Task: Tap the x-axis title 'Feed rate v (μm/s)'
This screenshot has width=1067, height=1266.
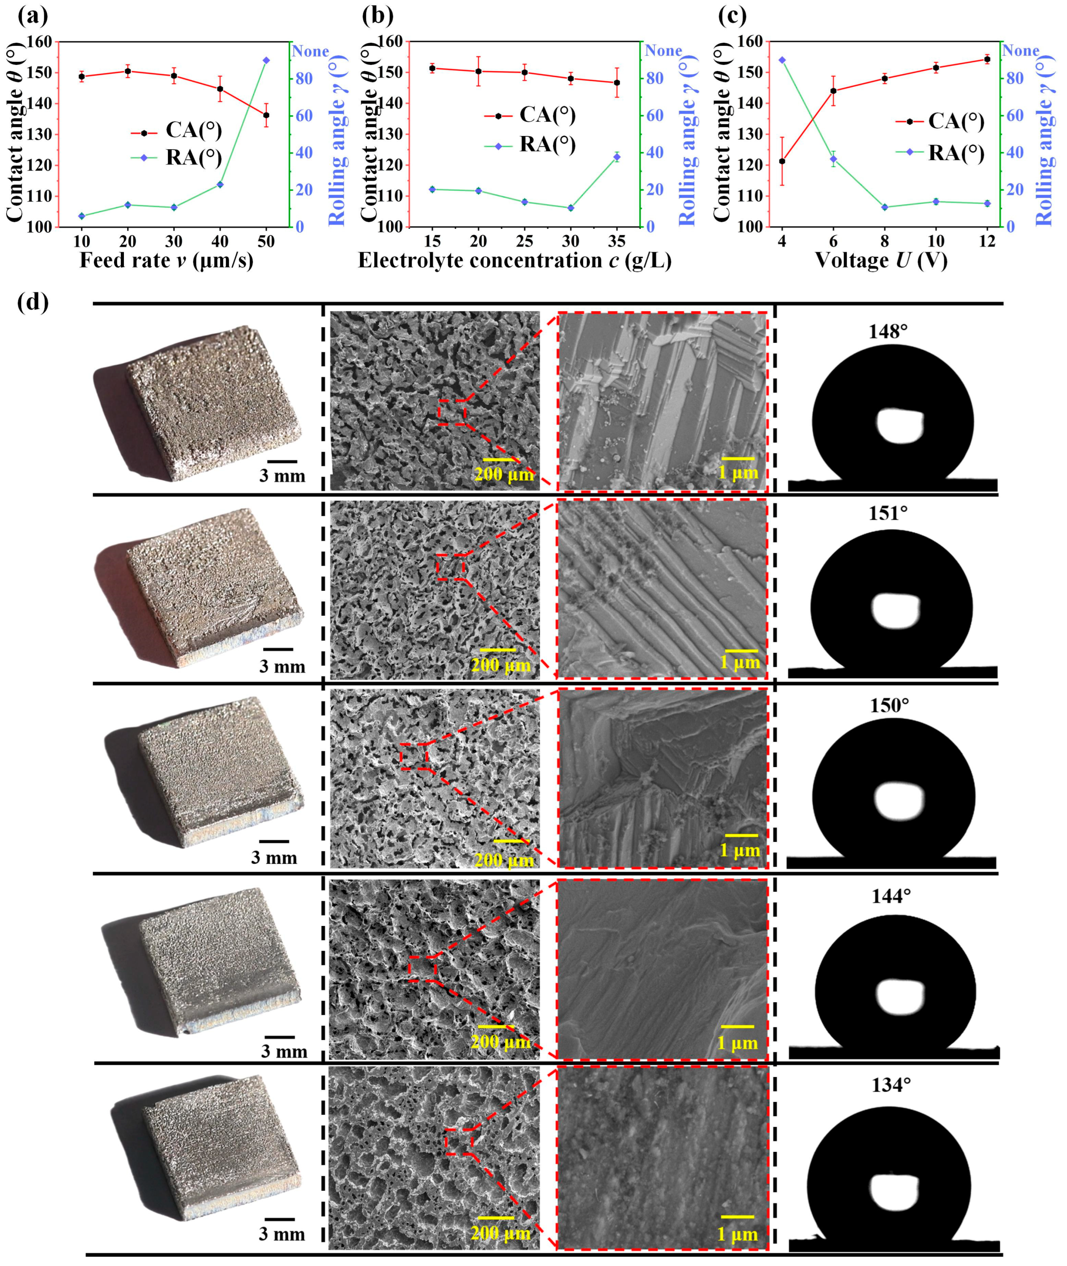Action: [x=166, y=260]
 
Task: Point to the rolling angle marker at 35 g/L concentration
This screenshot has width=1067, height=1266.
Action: [x=616, y=157]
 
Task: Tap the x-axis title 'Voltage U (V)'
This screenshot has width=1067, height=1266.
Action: [x=881, y=260]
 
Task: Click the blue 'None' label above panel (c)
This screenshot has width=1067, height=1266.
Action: [x=1021, y=51]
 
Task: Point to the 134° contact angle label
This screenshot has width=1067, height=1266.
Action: [x=890, y=1085]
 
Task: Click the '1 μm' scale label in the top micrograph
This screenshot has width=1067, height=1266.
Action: [x=738, y=472]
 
